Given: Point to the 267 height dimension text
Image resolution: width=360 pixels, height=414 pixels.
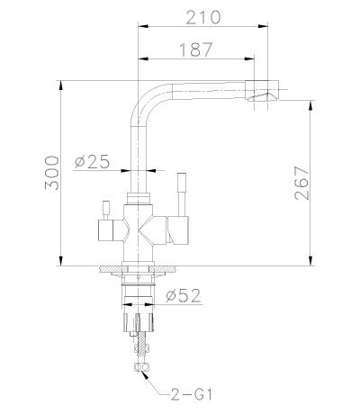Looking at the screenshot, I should (x=306, y=184).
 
